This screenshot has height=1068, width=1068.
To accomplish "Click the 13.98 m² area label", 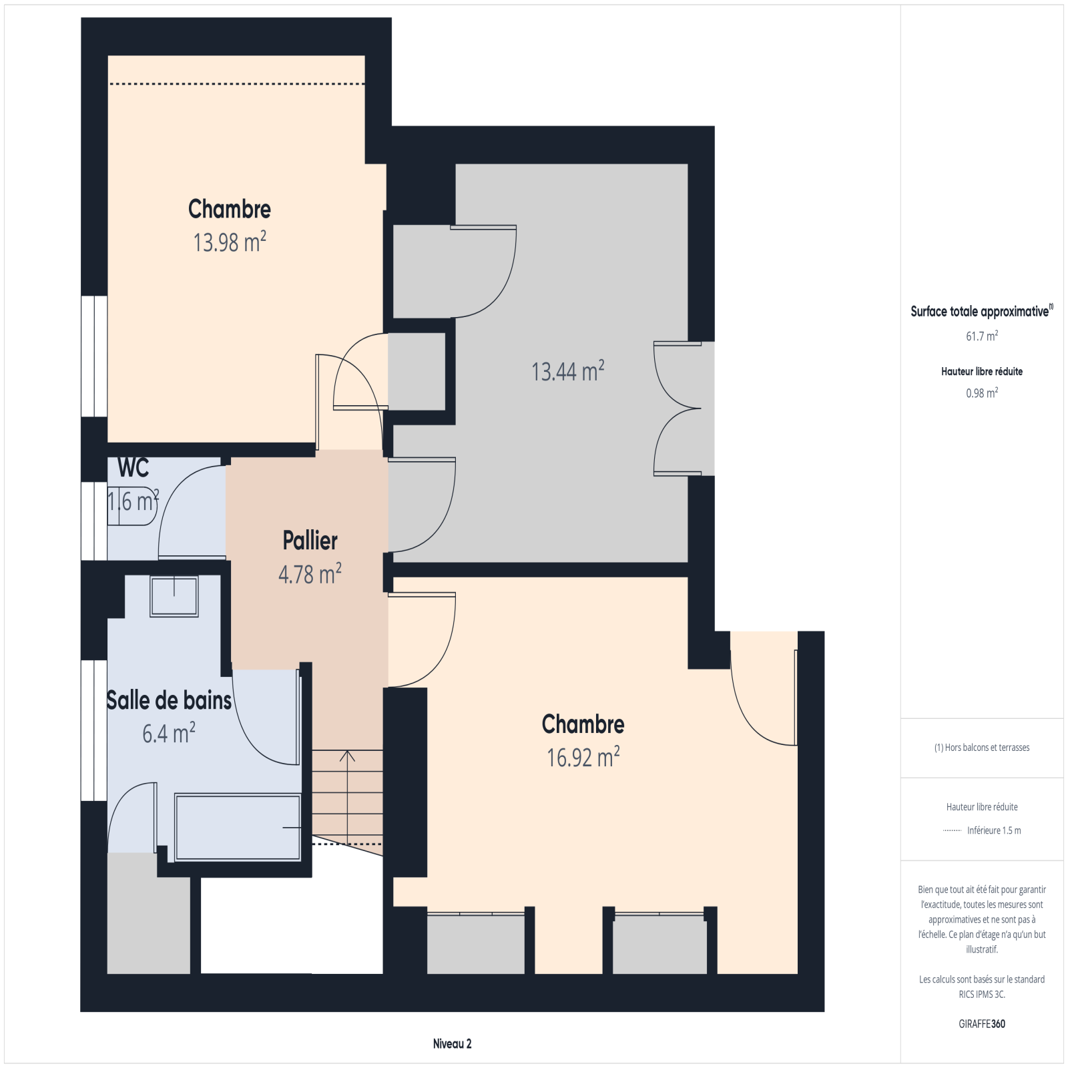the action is pos(230,242).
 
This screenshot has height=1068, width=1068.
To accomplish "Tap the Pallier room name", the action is pos(310,540).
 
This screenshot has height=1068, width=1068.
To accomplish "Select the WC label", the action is pos(133,468).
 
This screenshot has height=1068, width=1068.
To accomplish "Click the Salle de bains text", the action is pos(169,700).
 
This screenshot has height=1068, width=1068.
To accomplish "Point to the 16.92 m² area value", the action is pos(583,757).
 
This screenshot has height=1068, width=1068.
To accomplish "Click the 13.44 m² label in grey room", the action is pos(568,370).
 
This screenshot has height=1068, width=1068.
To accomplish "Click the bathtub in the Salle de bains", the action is pos(238,827).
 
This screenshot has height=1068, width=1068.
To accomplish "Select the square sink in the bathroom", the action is pos(174,596).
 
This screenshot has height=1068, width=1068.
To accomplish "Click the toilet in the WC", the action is pos(132,506).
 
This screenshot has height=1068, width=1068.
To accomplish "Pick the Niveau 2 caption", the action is pos(452,1044).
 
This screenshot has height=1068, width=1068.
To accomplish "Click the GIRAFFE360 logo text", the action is pos(982,1024).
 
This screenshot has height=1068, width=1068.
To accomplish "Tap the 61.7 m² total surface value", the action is pos(982,336).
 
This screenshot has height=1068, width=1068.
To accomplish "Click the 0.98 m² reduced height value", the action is pos(982,392).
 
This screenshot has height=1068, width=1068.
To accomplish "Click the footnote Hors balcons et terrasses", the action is pos(982,748).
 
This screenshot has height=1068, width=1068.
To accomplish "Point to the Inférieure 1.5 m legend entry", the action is pos(994,830).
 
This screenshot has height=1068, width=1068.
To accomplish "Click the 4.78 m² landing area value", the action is pos(310,574).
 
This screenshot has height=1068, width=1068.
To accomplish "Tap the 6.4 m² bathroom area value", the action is pos(169,733).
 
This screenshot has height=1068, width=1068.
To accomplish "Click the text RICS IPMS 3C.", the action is pos(982,995).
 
